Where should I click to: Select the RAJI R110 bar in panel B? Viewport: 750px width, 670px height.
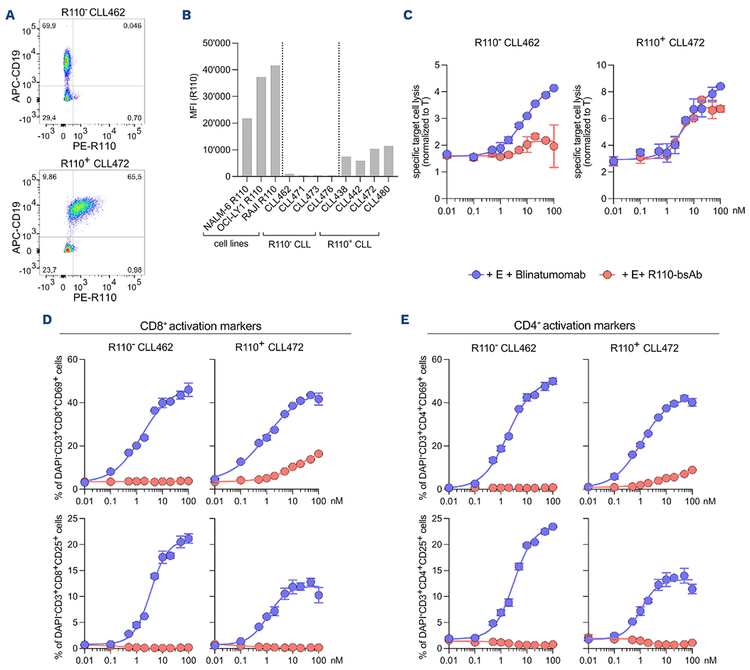tap(274, 121)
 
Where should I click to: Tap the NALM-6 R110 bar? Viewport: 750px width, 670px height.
tap(247, 147)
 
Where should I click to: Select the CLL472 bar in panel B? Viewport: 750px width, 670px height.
tap(374, 163)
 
